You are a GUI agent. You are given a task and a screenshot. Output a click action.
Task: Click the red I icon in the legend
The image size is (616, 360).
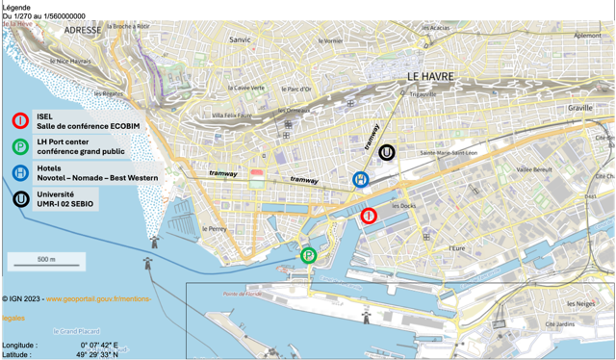point(20,120)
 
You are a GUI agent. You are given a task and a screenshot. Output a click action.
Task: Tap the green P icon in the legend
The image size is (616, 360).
point(20,147)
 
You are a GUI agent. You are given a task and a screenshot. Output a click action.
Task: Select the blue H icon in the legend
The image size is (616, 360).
point(20,173)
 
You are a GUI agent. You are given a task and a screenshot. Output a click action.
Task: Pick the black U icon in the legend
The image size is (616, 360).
point(20,199)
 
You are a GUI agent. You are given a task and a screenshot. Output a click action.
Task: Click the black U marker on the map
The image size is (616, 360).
point(386,151)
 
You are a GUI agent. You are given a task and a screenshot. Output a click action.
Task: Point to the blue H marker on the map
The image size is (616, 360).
point(360,179)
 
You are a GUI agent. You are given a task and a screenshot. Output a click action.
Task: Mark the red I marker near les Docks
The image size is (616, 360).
point(368,216)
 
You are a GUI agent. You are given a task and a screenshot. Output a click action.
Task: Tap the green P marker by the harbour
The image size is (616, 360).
point(308,255)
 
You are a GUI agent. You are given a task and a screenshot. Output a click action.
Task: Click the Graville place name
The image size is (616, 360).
point(581,109)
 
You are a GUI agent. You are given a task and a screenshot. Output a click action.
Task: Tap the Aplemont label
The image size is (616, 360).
point(587,35)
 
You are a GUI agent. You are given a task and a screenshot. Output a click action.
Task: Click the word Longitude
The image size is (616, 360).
point(20,345)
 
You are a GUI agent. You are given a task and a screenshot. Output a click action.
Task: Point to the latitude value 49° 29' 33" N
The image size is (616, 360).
point(98,354)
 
